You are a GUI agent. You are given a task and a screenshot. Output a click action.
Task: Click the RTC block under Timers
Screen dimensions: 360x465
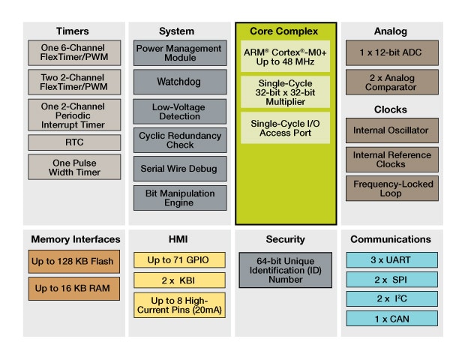[74, 142]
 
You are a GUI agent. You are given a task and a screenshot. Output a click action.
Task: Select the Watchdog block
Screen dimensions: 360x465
[180, 80]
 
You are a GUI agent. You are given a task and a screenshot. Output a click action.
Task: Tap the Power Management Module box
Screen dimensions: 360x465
[180, 53]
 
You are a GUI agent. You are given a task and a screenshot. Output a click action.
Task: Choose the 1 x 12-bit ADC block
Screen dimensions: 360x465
[391, 52]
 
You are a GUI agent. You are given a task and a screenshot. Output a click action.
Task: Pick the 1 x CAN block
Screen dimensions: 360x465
[391, 318]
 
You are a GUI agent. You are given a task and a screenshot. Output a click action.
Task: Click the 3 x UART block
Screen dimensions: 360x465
[391, 259]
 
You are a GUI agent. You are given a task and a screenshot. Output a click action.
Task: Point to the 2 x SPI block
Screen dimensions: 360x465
[391, 279]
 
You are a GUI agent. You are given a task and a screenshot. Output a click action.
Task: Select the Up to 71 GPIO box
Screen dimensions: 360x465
[180, 259]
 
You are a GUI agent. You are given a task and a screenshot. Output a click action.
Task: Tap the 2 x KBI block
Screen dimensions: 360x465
[180, 280]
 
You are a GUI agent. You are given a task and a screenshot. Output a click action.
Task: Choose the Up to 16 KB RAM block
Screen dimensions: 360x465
[74, 288]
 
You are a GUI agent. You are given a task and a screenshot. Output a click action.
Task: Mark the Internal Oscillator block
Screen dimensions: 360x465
[391, 130]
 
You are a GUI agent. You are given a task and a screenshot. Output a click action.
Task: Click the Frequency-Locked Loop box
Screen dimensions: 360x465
[391, 188]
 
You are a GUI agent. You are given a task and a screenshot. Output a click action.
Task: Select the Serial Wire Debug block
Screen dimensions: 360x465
[180, 169]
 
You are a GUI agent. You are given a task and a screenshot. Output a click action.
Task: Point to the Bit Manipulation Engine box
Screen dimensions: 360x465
[180, 198]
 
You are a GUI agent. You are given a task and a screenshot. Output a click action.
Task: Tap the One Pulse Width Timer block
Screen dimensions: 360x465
[74, 166]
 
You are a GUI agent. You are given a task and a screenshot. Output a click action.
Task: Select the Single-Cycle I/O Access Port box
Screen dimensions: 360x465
[285, 127]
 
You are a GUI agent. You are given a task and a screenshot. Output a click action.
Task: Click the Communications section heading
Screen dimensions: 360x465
[391, 239]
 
